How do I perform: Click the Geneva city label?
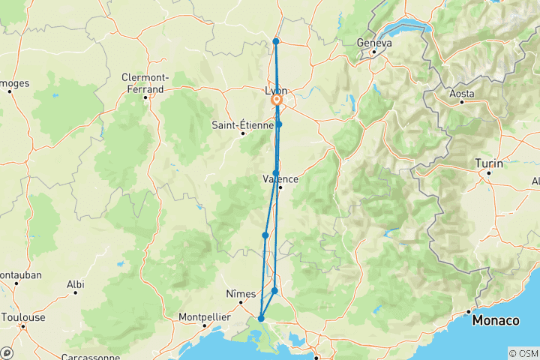point(374,43)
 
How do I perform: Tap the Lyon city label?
point(276,91)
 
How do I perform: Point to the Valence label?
point(280,179)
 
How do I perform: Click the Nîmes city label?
point(241,294)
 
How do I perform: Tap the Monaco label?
point(496,321)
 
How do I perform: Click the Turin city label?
point(488,163)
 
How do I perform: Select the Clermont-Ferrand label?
point(145,82)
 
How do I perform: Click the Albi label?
point(75,284)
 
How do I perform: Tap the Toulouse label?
point(22,317)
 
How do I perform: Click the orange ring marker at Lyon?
point(277,100)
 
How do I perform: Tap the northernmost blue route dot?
point(276,41)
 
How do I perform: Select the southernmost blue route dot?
point(261,319)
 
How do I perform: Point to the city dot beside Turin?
point(488,173)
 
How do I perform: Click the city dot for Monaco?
point(469,311)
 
